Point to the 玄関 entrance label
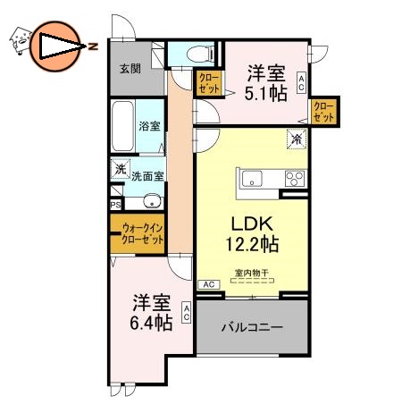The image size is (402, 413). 130,69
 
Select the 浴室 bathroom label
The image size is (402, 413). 149,127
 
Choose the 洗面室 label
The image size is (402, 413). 147,177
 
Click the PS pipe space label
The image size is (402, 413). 115,204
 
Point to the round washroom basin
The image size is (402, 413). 151,199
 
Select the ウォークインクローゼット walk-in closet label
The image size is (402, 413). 142,234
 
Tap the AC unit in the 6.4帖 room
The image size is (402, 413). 187,313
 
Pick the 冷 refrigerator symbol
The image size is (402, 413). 295,139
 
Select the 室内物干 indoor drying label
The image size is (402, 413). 252,272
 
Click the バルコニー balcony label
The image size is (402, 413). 252,328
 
